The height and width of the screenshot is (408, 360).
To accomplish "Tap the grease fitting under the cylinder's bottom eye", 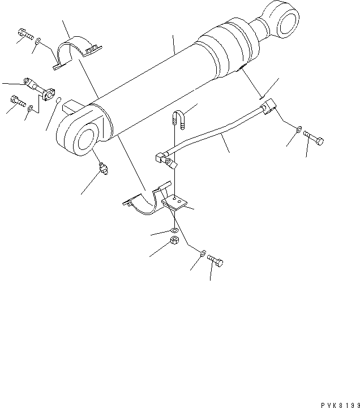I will coord(102,169).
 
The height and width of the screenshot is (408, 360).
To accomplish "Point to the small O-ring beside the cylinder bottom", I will coord(58,101).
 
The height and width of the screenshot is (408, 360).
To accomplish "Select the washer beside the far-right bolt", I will coord(298,131).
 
